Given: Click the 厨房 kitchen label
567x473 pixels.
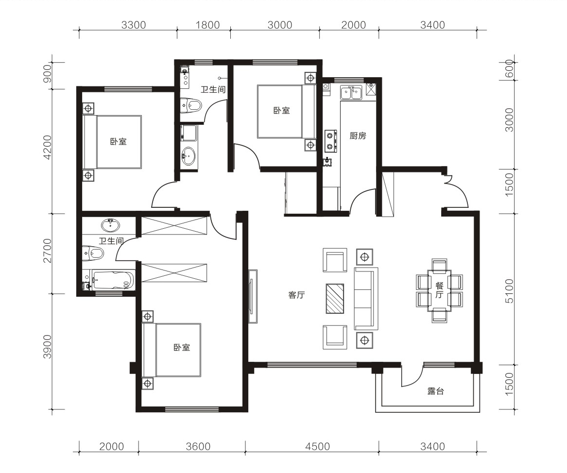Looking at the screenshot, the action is coord(358,136).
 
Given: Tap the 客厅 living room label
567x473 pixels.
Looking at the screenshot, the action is coord(296,295).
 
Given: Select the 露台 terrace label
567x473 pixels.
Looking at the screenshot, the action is coord(435,391).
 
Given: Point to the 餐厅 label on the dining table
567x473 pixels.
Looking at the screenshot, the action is coord(439,290).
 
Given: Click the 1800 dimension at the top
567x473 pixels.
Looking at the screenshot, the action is coord(207,25).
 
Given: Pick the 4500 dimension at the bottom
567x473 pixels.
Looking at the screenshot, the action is coord(317,447).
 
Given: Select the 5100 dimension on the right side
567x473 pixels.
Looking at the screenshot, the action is coord(509,291).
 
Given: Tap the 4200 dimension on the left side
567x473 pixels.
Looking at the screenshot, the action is coord(47,147).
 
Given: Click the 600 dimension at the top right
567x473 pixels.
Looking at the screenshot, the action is coord(509,68).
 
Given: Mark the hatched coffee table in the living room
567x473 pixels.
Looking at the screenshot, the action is coord(335,299).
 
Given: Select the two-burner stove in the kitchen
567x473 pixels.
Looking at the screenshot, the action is coord(330,141).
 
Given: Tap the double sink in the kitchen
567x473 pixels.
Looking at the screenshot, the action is coord(351,92).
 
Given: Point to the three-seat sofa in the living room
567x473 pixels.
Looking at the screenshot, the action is coord(366,299).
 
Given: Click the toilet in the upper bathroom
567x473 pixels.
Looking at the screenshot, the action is coord(190,105).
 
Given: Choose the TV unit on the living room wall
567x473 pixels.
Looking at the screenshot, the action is coord(253,296).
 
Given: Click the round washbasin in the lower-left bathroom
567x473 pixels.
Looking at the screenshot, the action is coord(111,225).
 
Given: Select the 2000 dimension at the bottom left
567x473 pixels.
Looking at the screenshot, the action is coord(111,447).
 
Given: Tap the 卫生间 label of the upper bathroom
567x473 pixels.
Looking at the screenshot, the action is coord(213,89).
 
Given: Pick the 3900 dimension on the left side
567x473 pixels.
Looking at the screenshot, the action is coord(47,347).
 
